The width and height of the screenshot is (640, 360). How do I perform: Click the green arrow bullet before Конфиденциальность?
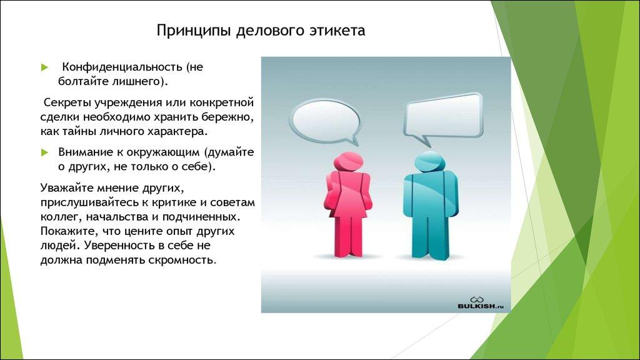pyautogui.click(x=44, y=67)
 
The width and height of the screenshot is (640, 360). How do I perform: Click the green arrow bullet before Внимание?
pyautogui.click(x=44, y=152)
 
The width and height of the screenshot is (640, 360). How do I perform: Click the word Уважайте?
pyautogui.click(x=68, y=187)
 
